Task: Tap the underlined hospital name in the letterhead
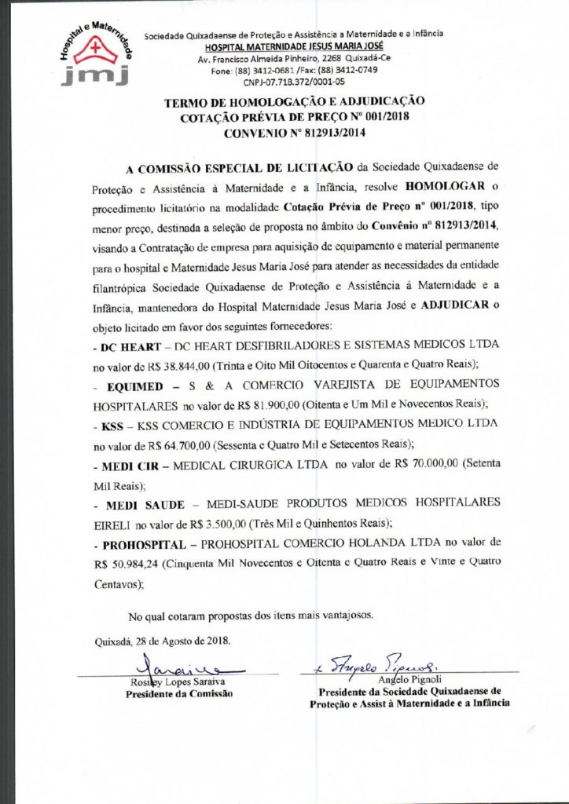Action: pyautogui.click(x=294, y=47)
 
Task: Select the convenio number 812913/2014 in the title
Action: pyautogui.click(x=325, y=133)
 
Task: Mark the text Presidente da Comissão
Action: pyautogui.click(x=179, y=694)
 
